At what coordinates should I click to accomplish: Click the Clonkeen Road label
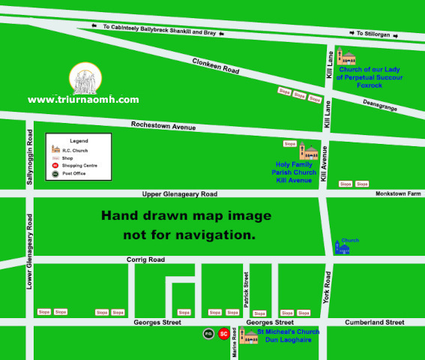coord(215,66)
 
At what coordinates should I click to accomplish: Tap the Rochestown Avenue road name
coord(163,125)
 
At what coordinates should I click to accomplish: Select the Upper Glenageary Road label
coord(179,193)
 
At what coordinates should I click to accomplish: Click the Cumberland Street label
coord(374,322)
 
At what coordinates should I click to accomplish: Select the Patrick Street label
coord(245,286)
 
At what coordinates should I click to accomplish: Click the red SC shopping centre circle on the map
coord(223,334)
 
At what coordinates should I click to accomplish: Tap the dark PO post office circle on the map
coord(208,334)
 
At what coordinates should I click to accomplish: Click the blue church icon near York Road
coord(342,247)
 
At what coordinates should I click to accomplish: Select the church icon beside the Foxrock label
coord(346,56)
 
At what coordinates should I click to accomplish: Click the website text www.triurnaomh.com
coord(83,99)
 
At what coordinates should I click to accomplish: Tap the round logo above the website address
coord(83,78)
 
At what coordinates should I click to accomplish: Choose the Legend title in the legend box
coord(79,141)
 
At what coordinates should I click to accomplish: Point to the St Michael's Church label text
coord(288,331)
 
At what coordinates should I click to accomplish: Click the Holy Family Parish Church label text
coord(296,172)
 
